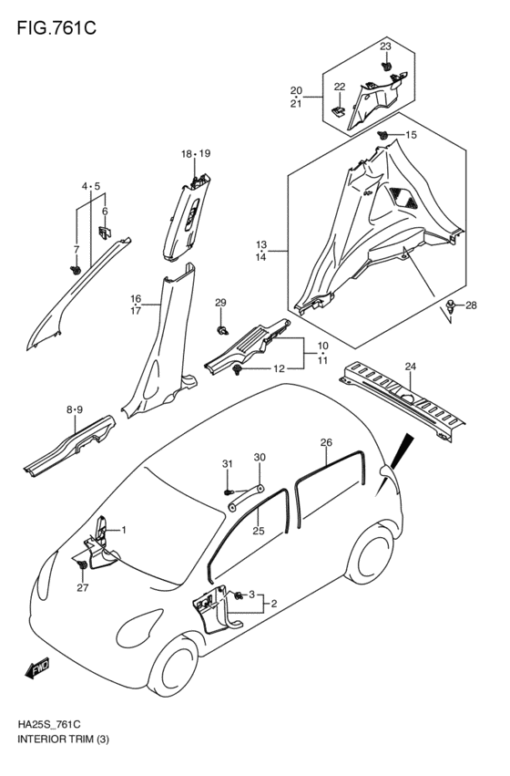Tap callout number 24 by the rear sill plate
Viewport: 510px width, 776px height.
(x=410, y=367)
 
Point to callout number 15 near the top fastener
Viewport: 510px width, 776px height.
(x=410, y=135)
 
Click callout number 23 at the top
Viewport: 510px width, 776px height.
(x=385, y=47)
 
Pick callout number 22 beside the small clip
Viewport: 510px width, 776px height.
(x=339, y=87)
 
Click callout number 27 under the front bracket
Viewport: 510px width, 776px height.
(x=83, y=588)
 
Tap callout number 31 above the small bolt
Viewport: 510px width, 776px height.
(x=229, y=464)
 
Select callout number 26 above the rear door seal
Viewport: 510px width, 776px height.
(x=325, y=443)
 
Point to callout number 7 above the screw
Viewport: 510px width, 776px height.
(x=76, y=249)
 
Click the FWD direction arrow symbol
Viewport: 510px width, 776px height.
(x=37, y=671)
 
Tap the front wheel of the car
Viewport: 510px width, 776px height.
(x=176, y=673)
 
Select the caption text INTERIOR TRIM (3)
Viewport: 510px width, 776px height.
(x=58, y=759)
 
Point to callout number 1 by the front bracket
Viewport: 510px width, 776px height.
(x=124, y=530)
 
